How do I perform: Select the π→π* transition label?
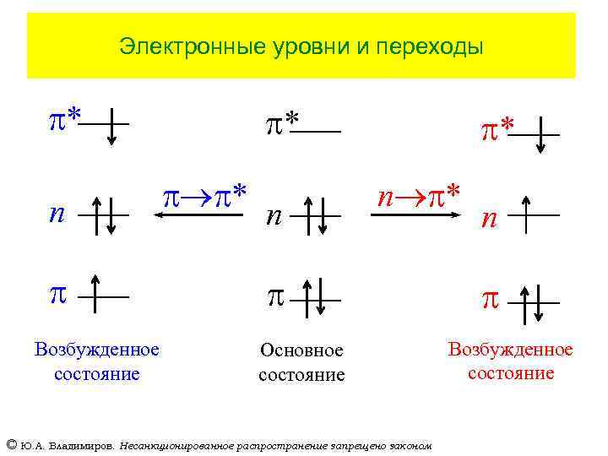coord(204,197)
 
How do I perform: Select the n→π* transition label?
coord(419,196)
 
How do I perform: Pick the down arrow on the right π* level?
coord(540,135)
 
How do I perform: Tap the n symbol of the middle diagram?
coord(273,217)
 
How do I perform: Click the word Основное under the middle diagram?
coord(301,350)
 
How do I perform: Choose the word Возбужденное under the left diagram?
coord(96,350)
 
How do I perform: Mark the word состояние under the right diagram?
coord(510,373)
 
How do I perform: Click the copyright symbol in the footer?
coord(11,444)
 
